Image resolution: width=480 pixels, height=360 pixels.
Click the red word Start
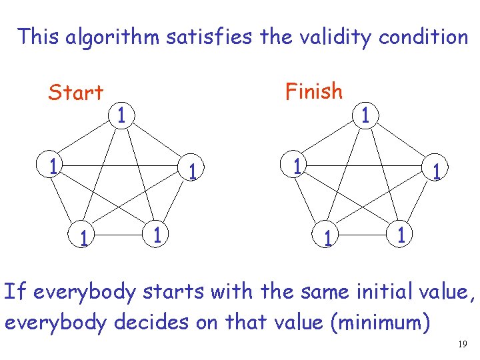click(x=75, y=93)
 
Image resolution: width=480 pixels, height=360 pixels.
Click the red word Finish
click(x=313, y=91)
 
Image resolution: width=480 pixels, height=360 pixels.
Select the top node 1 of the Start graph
click(x=120, y=115)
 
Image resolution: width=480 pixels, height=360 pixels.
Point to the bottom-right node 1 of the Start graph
click(x=155, y=235)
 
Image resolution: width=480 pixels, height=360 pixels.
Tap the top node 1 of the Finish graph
click(x=365, y=115)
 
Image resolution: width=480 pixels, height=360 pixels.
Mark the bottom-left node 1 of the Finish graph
click(x=327, y=237)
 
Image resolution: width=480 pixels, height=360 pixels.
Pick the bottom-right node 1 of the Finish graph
click(x=400, y=235)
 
